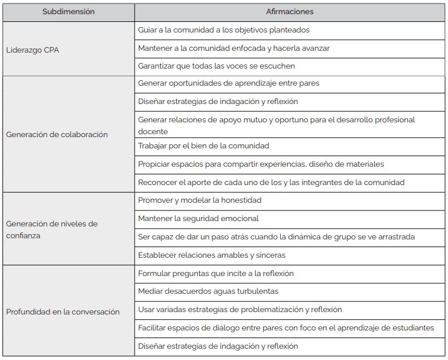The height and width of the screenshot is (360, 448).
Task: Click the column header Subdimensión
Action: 68,12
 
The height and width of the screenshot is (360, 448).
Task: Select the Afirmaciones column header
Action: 290,12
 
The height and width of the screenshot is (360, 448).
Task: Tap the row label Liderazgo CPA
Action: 33,50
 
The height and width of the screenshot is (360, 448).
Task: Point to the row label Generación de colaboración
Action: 57,134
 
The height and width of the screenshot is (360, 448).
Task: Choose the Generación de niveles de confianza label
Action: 51,229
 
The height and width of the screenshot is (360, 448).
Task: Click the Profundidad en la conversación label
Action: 63,312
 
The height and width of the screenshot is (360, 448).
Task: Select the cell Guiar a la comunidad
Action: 223,30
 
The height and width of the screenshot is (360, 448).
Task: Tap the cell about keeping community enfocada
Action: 233,48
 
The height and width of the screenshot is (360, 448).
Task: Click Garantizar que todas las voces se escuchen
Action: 216,66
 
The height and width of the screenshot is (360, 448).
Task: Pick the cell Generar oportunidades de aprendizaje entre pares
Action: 228,83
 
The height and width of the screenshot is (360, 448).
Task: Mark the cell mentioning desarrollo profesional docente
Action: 276,125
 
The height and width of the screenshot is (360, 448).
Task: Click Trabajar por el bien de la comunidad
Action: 203,145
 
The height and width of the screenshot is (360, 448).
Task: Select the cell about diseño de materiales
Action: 261,164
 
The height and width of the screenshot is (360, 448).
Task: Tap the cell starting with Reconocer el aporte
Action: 271,182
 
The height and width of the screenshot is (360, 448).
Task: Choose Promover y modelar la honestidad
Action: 199,200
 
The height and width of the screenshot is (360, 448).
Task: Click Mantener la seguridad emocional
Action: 198,218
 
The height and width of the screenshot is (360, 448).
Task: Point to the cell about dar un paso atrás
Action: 276,236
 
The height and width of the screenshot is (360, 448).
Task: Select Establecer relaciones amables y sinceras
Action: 212,255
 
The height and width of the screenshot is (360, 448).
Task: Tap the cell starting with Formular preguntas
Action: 216,273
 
